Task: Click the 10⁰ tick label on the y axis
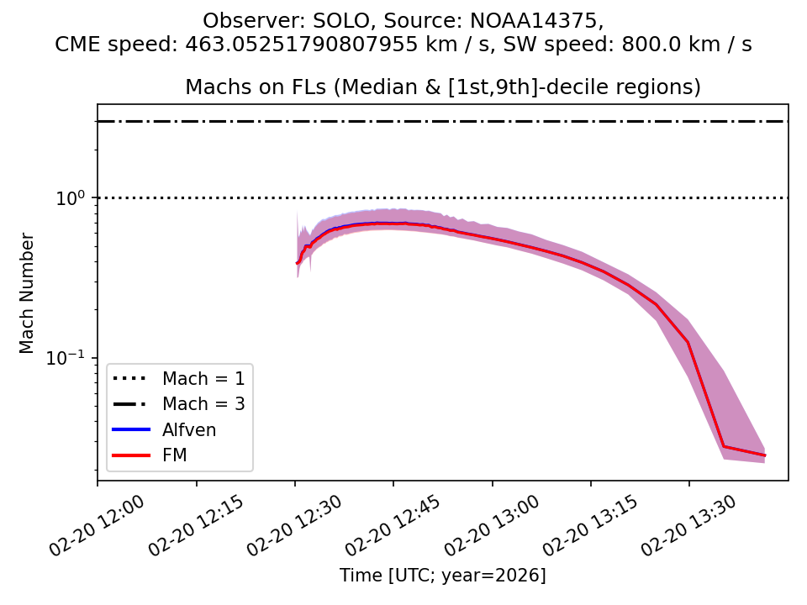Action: click(x=73, y=198)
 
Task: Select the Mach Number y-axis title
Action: click(x=27, y=292)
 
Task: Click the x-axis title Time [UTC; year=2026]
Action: click(x=443, y=576)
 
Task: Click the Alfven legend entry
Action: click(x=189, y=429)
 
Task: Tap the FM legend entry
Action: click(x=175, y=455)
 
